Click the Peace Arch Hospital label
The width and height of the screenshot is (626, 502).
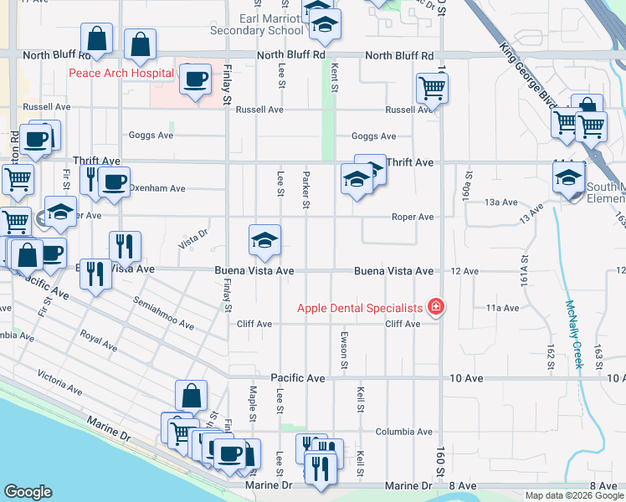pos(121,74)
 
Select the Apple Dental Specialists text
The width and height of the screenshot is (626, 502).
pos(360,308)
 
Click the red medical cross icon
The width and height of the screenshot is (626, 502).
pos(434,308)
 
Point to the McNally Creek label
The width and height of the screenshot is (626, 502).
pos(574,335)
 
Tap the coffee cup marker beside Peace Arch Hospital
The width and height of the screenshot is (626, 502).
pos(195,79)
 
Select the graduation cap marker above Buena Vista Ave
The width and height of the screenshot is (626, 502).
pos(264,240)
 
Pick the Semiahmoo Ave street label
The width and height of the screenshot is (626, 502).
pos(163,312)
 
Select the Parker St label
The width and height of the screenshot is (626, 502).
pos(306,190)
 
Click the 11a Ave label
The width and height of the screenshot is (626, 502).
pos(503,308)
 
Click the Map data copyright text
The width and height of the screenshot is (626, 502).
pos(573,495)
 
